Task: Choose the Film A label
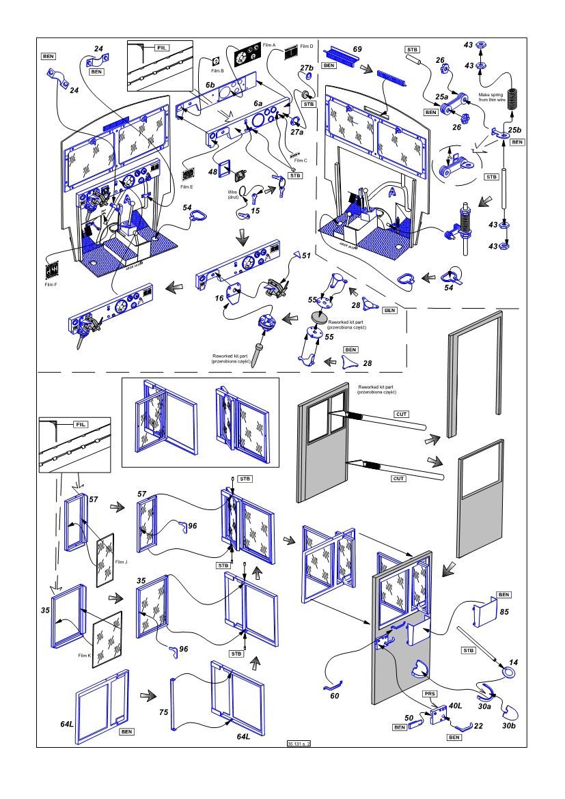click(268, 45)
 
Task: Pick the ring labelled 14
click(509, 673)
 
